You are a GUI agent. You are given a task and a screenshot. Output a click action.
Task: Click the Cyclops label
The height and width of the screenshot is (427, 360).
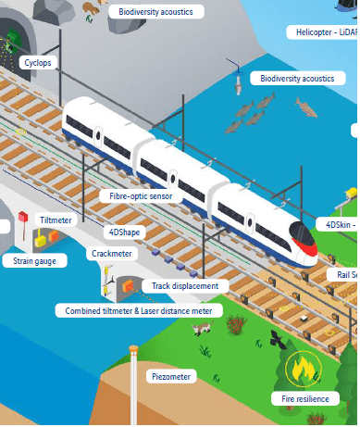coord(37,63)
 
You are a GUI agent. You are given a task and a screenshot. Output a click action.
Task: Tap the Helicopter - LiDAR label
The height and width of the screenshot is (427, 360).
coord(323,31)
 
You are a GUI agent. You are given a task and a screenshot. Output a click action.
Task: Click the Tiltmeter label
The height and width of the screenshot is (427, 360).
coord(55,220)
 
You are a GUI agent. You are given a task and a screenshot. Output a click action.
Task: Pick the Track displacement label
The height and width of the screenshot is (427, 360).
coord(185,286)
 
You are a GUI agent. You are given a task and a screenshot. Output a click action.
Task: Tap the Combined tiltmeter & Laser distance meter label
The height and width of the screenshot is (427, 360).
coord(138,311)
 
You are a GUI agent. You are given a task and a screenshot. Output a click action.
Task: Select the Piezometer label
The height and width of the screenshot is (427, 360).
coord(170,377)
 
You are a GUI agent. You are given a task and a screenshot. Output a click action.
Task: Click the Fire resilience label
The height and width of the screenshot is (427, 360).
coord(304,398)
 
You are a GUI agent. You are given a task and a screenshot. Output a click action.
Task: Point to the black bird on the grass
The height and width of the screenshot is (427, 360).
coord(277,337)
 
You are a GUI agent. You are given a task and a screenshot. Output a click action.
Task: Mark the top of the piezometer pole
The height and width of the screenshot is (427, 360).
coord(134,349)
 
